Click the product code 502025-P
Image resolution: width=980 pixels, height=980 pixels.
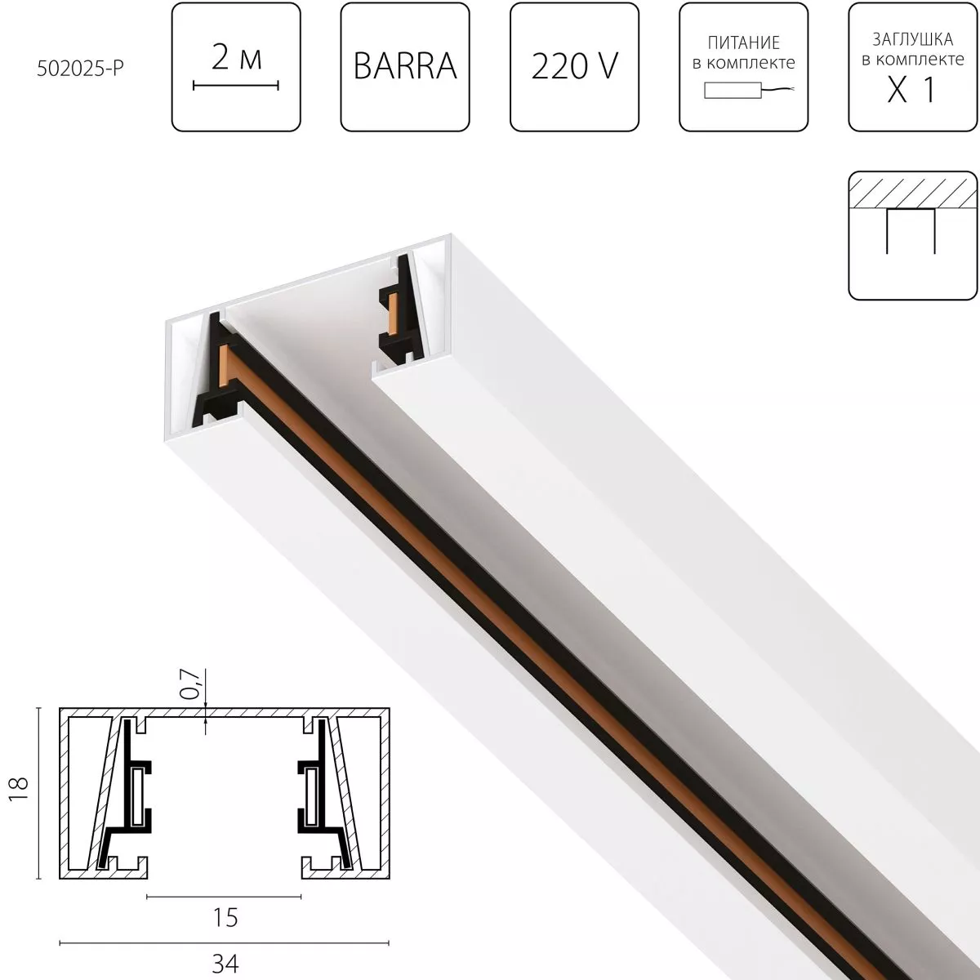[x=80, y=69]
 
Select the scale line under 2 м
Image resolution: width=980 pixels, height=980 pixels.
[x=236, y=84]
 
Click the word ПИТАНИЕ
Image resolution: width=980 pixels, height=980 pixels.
[x=743, y=42]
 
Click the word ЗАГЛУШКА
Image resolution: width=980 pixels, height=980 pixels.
[x=912, y=40]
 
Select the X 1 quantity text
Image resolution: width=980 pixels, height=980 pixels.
[x=911, y=91]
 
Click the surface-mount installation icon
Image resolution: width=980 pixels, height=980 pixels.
[x=912, y=235]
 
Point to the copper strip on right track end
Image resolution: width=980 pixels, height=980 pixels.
[x=393, y=310]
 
